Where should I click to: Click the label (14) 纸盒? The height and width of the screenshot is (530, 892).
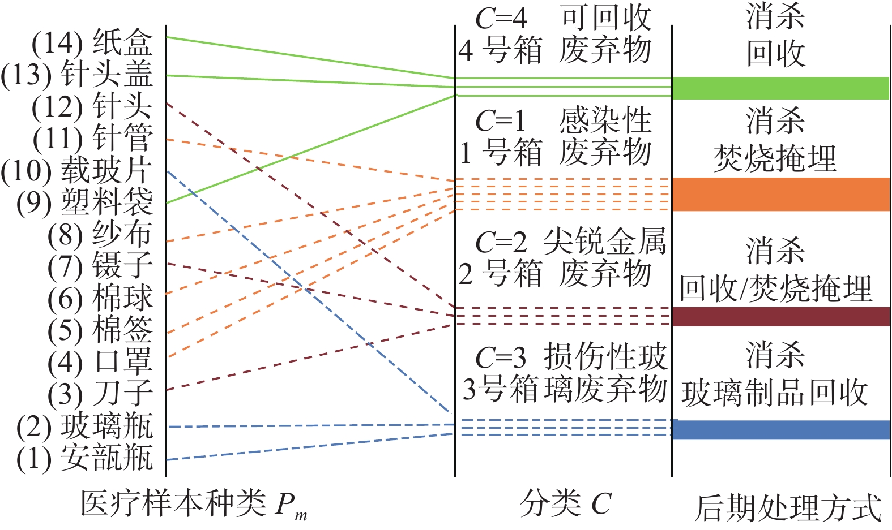[x=92, y=43]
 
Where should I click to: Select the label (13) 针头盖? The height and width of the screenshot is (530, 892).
[x=77, y=75]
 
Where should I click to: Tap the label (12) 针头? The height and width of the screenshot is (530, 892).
[x=92, y=106]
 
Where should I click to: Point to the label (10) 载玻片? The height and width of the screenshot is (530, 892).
[x=77, y=170]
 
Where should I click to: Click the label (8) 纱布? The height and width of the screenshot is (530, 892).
[x=100, y=234]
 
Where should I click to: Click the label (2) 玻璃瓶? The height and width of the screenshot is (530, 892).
[x=85, y=426]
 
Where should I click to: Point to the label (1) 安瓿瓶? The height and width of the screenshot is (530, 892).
[x=85, y=458]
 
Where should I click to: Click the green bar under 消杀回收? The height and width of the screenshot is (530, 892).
[x=780, y=88]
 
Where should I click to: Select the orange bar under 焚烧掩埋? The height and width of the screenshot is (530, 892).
[x=780, y=194]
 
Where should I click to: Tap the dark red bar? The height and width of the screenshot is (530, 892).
[x=780, y=317]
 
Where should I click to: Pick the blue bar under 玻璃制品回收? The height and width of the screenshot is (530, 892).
[x=780, y=430]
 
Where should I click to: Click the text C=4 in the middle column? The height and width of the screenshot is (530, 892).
[x=501, y=19]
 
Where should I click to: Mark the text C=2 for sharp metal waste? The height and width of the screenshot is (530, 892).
[x=501, y=243]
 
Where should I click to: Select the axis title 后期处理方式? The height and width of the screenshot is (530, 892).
[x=788, y=507]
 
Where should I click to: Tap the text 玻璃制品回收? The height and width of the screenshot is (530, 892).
[x=774, y=393]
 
